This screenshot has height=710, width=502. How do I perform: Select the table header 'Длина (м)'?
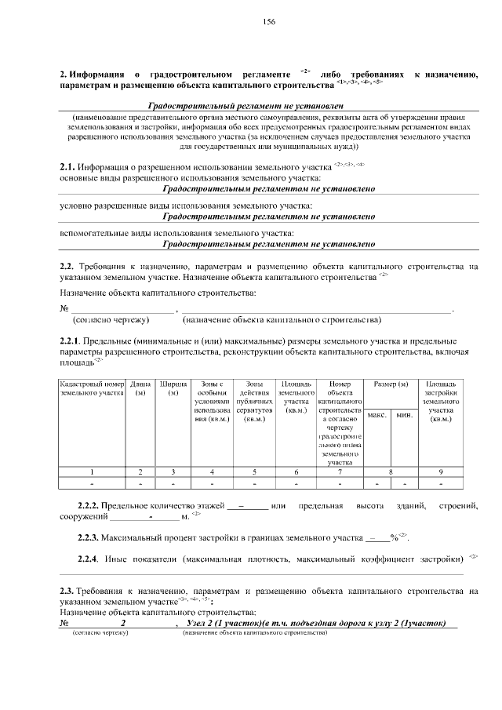[x=140, y=388]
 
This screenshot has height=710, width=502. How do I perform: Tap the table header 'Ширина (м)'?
[x=173, y=388]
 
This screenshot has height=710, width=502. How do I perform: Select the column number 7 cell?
[x=339, y=472]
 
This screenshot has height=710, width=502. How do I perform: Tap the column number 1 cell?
[x=93, y=472]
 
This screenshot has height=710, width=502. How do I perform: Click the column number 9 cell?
[x=440, y=472]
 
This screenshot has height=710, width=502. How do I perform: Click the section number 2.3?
[x=67, y=589]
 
